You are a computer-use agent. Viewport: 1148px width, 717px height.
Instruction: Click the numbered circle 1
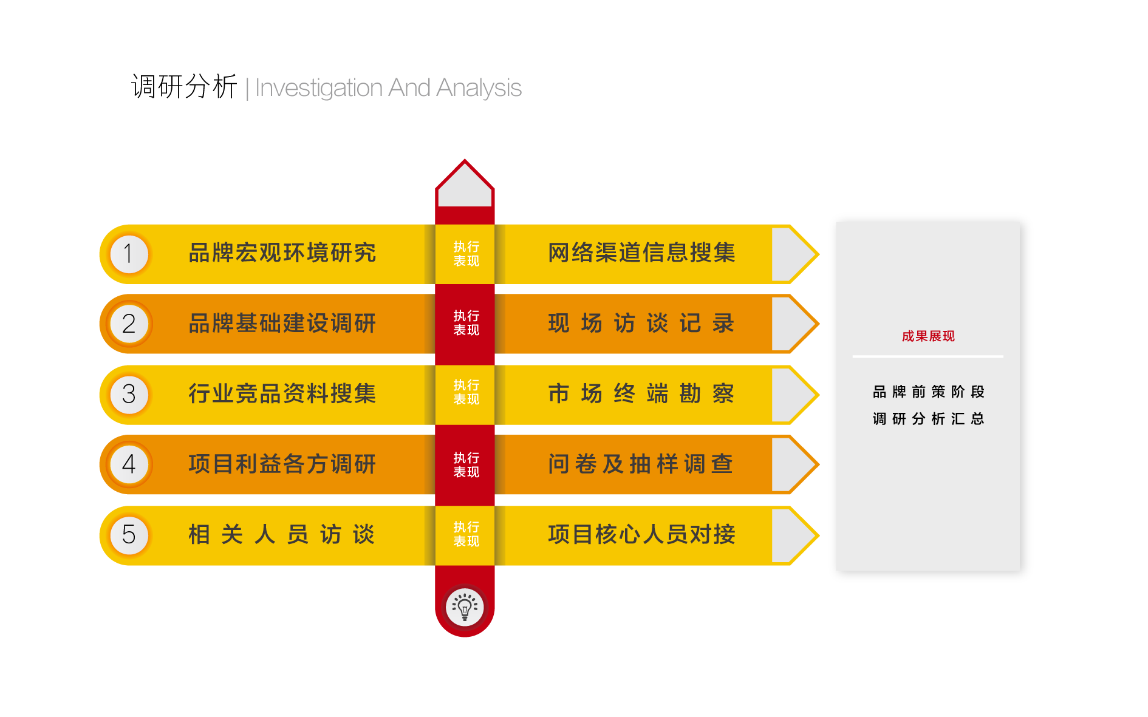pos(129,254)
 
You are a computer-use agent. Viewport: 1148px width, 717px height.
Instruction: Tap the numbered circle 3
pos(129,395)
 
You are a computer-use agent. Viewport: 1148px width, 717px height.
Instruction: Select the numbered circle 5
pos(129,535)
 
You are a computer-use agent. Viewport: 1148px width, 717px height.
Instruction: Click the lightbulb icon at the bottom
pos(465,607)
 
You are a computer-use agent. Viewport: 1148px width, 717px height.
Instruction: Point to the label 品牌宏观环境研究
pos(282,253)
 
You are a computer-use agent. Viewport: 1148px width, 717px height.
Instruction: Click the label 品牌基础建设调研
pos(282,324)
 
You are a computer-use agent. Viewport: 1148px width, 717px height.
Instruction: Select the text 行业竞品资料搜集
pos(282,394)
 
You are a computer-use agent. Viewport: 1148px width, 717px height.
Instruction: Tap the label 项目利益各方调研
pos(282,464)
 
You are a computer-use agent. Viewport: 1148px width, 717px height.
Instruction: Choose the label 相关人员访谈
pos(282,535)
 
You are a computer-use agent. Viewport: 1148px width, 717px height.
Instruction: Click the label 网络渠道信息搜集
pos(641,253)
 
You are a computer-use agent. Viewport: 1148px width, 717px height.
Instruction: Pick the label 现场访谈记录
pos(641,324)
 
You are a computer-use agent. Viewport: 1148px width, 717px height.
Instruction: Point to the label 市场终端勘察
pos(641,394)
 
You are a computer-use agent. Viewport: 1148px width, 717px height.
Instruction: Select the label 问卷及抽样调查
pos(641,464)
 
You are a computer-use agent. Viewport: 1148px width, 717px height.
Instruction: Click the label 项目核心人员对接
pos(641,535)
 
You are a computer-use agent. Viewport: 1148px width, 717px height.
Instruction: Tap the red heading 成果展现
pos(928,336)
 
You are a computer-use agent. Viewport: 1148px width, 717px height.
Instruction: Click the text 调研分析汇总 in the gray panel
pos(928,419)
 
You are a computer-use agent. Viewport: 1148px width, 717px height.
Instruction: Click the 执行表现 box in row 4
pos(466,465)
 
